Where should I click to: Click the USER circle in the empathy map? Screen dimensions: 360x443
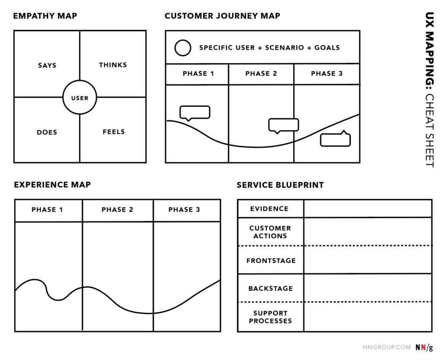pyautogui.click(x=80, y=98)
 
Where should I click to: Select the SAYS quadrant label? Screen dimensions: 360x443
pyautogui.click(x=47, y=65)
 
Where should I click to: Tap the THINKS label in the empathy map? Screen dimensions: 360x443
pyautogui.click(x=113, y=65)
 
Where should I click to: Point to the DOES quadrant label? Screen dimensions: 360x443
pyautogui.click(x=47, y=132)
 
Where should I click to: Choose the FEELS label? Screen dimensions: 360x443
pyautogui.click(x=114, y=132)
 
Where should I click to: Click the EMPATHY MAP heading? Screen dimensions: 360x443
pyautogui.click(x=45, y=16)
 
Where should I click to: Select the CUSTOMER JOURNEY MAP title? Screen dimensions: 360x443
pyautogui.click(x=222, y=16)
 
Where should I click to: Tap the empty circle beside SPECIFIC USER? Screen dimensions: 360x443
pyautogui.click(x=183, y=48)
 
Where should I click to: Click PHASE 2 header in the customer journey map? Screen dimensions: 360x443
pyautogui.click(x=261, y=74)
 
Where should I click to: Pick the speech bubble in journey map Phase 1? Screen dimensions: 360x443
pyautogui.click(x=195, y=112)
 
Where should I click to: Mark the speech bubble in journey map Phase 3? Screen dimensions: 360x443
pyautogui.click(x=335, y=139)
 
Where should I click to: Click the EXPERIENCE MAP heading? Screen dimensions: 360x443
pyautogui.click(x=52, y=185)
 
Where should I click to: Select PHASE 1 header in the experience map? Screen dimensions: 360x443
pyautogui.click(x=47, y=210)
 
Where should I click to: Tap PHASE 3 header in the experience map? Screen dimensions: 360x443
pyautogui.click(x=184, y=210)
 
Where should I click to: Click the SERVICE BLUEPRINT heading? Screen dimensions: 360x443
pyautogui.click(x=280, y=185)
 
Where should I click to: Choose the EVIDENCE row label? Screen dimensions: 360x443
pyautogui.click(x=269, y=209)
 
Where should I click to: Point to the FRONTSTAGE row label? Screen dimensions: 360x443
pyautogui.click(x=271, y=261)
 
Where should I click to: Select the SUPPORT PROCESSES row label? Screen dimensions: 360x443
pyautogui.click(x=270, y=317)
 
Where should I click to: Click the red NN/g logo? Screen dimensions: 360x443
pyautogui.click(x=424, y=347)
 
